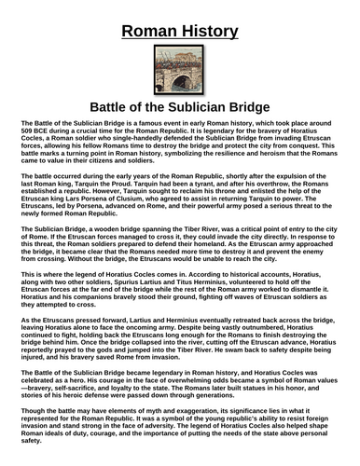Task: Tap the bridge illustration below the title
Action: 179,67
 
